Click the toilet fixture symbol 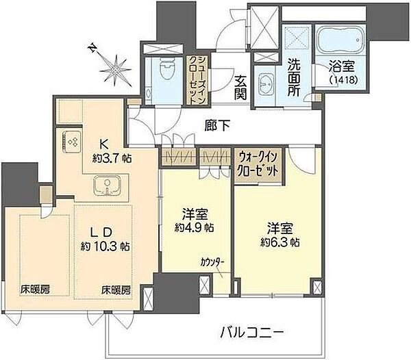168,68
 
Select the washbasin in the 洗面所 266,83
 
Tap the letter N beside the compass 92,48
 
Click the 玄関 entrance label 240,88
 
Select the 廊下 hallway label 218,126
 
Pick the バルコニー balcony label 252,333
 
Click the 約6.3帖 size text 280,242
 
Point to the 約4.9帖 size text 195,228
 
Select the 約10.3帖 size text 105,246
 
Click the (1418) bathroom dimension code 343,80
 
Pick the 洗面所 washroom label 294,77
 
